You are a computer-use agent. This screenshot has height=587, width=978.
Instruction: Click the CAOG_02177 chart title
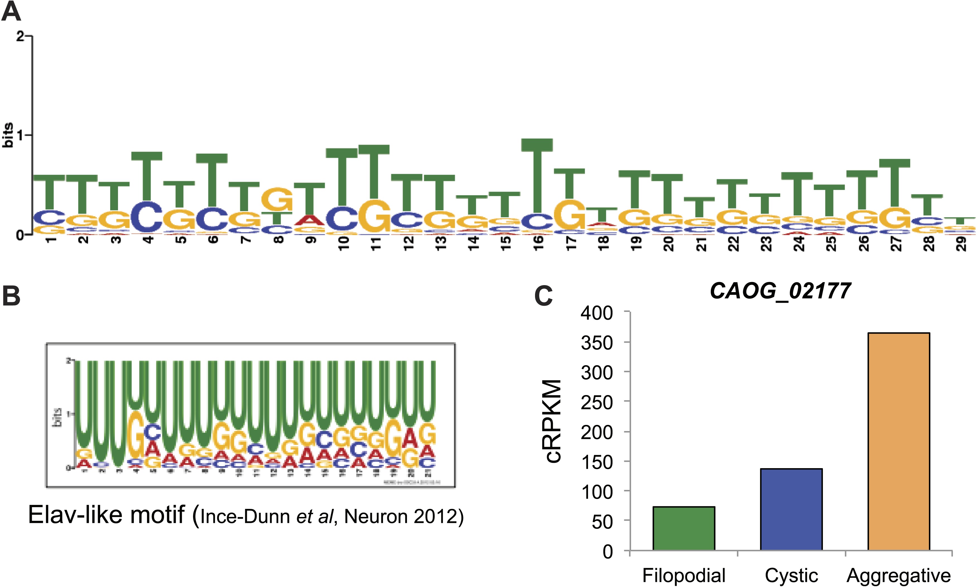(780, 292)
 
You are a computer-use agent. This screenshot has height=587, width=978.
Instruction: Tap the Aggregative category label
(898, 576)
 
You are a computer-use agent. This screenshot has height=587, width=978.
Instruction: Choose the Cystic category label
(791, 576)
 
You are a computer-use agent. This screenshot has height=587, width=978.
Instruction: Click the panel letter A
(11, 12)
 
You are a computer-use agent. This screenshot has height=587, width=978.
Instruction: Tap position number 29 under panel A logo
(961, 243)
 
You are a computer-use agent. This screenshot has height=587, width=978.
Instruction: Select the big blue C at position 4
(147, 217)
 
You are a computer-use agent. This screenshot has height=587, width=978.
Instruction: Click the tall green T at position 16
(537, 174)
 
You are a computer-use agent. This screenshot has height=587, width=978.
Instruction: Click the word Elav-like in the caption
(75, 515)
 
